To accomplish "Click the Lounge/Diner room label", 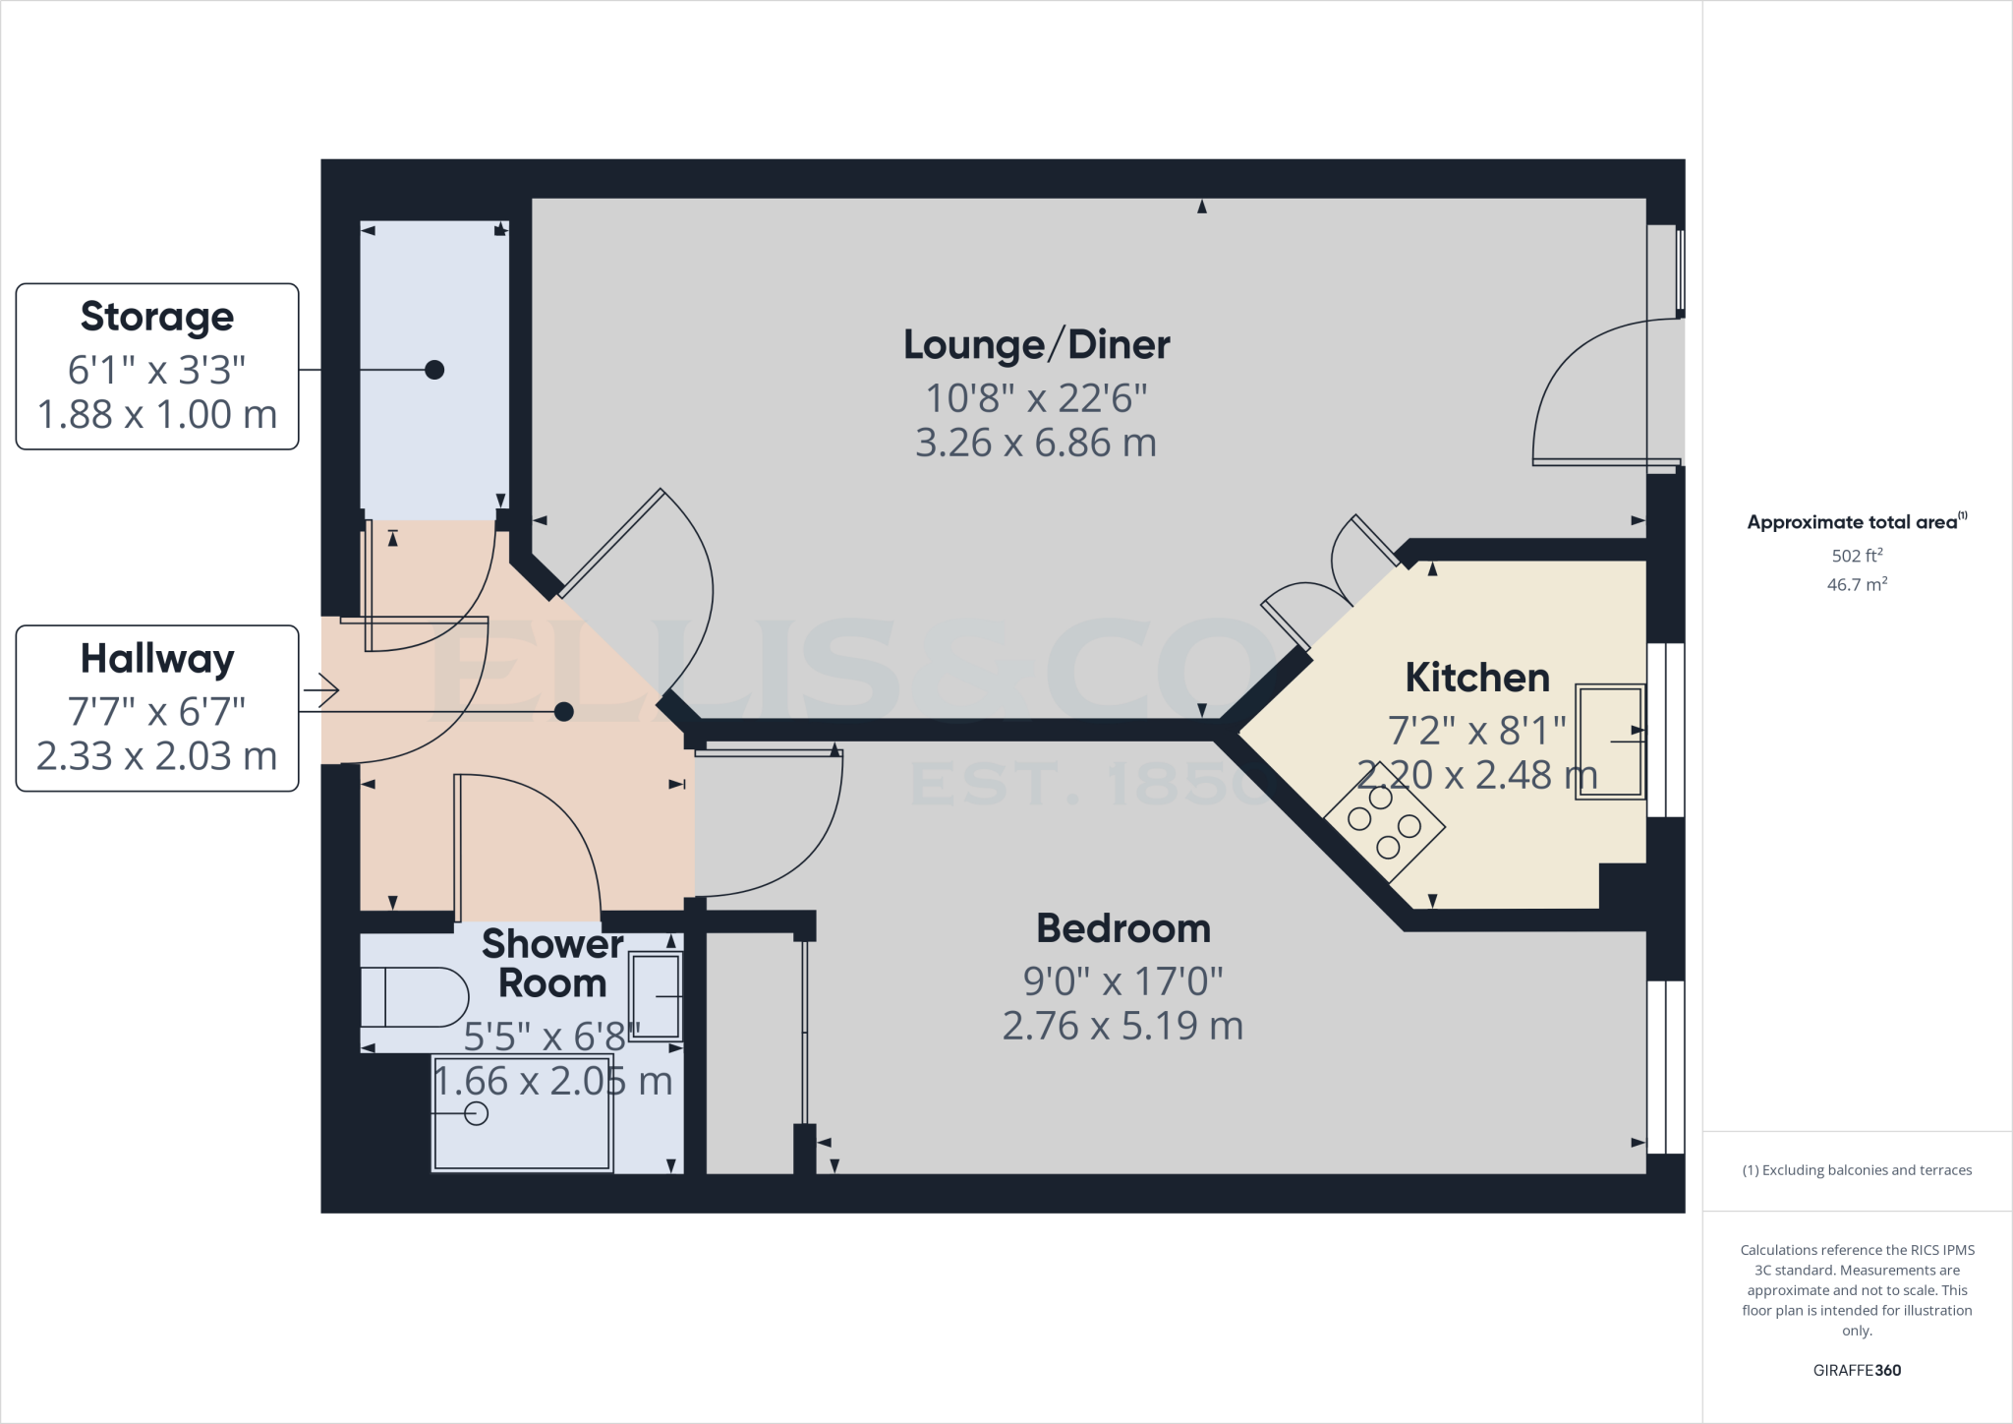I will pos(1036,345).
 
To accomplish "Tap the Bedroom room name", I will pos(1122,929).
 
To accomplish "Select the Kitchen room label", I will pos(1476,678).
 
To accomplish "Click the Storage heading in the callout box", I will pos(157,317).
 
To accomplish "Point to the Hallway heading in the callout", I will pos(157,659).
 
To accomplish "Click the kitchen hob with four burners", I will pos(1384,822).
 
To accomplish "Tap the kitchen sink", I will pos(1610,742).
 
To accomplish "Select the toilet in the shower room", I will pos(413,997).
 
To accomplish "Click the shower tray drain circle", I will pos(476,1113).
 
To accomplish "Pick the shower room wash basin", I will pos(656,996).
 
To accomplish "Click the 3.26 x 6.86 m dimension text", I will pos(1036,444).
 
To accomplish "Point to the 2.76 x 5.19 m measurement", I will pos(1122,1027).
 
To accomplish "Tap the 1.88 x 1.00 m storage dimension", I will pos(157,415).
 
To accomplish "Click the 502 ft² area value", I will pos(1857,556).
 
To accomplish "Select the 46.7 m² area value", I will pos(1857,585).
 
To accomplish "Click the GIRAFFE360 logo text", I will pos(1857,1370).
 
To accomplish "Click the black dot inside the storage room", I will pos(434,370).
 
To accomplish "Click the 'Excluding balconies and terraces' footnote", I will pos(1857,1170).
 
